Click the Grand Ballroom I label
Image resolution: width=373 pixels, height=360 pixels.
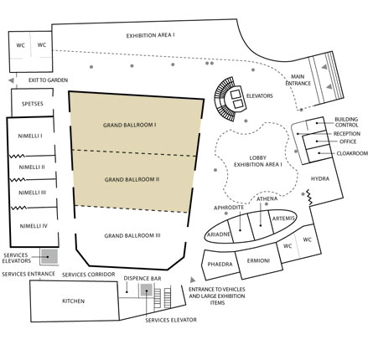(x=130, y=125)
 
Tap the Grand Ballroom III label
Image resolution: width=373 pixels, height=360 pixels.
(x=132, y=236)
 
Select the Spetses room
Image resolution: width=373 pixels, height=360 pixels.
(x=32, y=103)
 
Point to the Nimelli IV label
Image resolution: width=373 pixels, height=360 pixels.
(x=34, y=226)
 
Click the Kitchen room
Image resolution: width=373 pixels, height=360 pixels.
(x=75, y=301)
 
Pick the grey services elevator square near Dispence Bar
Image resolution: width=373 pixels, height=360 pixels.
(x=146, y=290)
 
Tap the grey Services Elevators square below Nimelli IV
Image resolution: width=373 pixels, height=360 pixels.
(x=49, y=256)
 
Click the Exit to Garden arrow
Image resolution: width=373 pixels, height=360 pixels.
(x=11, y=80)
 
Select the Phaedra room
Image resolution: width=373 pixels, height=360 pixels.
(x=220, y=265)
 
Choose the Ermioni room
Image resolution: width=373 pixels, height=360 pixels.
(x=259, y=261)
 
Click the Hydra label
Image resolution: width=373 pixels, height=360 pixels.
(x=320, y=178)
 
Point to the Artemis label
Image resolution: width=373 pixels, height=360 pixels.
(x=283, y=219)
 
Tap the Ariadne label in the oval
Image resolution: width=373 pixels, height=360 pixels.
(x=219, y=234)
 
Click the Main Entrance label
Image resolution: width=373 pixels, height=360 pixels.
(x=298, y=80)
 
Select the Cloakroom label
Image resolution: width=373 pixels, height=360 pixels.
(x=352, y=153)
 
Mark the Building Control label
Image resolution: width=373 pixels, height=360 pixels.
(x=346, y=122)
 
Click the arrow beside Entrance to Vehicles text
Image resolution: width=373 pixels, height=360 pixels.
(x=193, y=280)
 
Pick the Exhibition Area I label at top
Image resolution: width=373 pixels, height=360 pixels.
(x=151, y=36)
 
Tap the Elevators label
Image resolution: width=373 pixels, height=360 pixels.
(x=260, y=96)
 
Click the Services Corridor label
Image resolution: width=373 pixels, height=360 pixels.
(x=89, y=275)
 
